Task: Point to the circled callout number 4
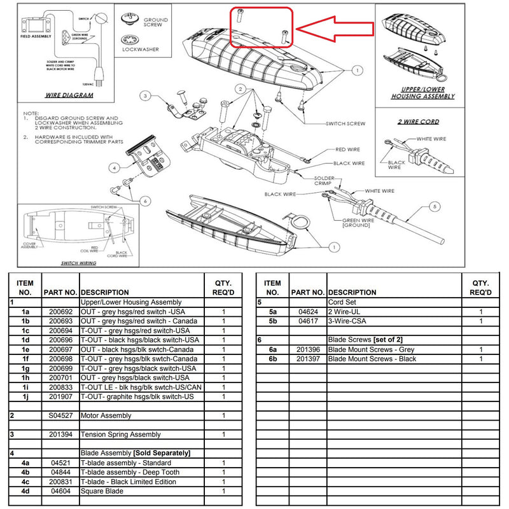[115, 169]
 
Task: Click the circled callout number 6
[146, 201]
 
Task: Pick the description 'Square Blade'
[102, 491]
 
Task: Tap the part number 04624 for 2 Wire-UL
[308, 312]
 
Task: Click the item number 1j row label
[25, 396]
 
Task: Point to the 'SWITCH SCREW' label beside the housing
[345, 124]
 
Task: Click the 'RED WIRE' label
[347, 150]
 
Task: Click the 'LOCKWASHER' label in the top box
[141, 50]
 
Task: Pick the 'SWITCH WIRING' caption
[79, 263]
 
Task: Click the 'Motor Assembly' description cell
[106, 415]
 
